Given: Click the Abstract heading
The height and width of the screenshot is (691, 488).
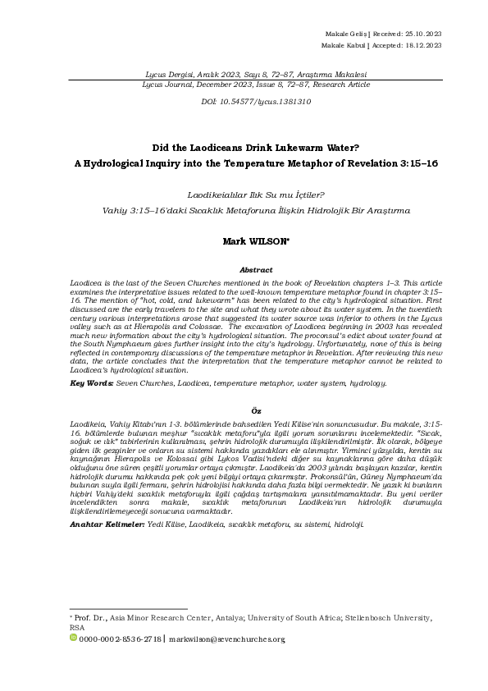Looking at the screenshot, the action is point(255,269).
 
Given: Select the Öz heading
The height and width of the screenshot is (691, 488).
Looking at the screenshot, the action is point(255,410).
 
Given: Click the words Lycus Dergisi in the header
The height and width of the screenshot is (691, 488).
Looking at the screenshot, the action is point(167,73).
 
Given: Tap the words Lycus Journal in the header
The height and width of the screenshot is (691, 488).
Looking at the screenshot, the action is point(166,83).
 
